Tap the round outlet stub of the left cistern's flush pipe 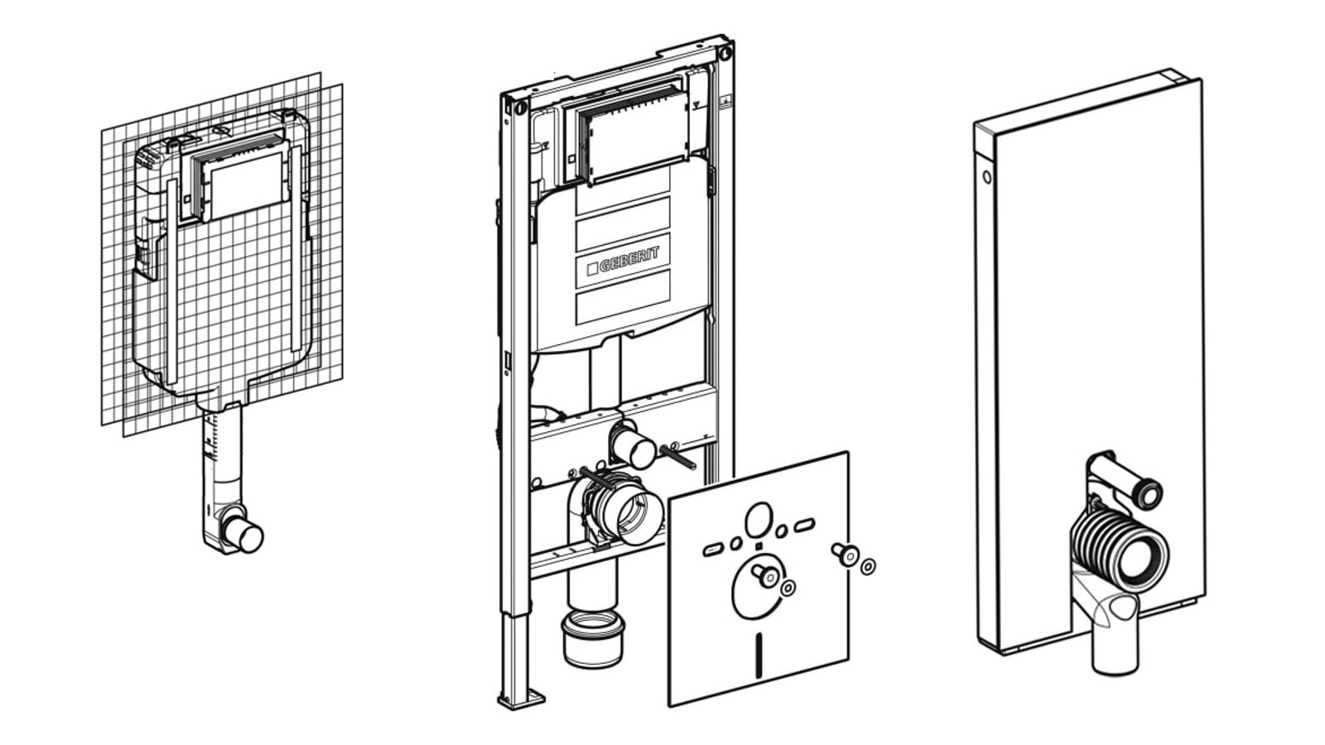(x=245, y=536)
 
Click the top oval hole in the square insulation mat (x=759, y=521)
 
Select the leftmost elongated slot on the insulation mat (x=713, y=549)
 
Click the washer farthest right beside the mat (x=868, y=567)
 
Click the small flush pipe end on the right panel (x=1149, y=496)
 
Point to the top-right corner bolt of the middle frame (x=725, y=54)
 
